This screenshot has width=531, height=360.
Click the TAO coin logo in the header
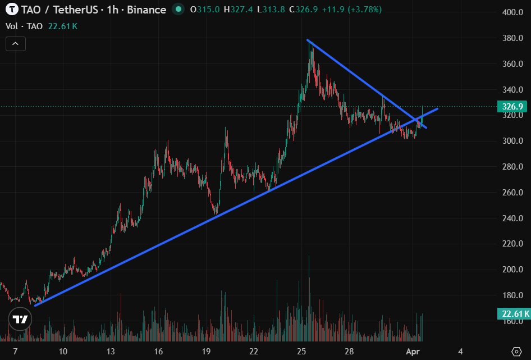[x=11, y=10]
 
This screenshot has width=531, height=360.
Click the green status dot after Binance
[x=178, y=10]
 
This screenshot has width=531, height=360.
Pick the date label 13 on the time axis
[x=111, y=352]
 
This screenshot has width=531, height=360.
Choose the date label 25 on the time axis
[x=301, y=352]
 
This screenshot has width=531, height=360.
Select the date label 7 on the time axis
[x=15, y=352]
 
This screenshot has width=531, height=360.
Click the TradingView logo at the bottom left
[x=20, y=320]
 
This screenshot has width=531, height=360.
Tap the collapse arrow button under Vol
[x=15, y=43]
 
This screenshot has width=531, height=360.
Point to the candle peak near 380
[x=309, y=43]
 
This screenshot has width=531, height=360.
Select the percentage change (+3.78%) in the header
[x=364, y=10]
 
